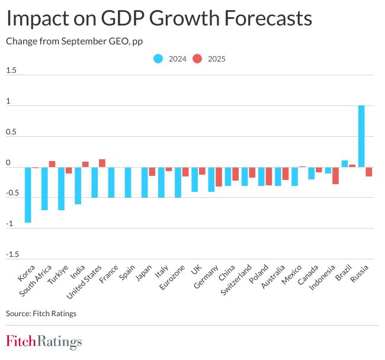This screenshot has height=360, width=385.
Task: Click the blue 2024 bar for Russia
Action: (361, 136)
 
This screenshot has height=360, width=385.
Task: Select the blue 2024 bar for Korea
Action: (27, 195)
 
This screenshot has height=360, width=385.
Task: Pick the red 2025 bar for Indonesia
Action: (335, 175)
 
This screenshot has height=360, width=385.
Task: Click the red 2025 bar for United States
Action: (102, 163)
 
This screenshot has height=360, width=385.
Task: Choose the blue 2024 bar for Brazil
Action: (345, 163)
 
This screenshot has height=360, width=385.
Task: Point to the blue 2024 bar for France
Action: (111, 182)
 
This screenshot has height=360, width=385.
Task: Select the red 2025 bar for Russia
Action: (369, 172)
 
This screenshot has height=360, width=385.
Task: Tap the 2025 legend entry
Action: (210, 59)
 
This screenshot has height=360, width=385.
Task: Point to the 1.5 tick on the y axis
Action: (11, 70)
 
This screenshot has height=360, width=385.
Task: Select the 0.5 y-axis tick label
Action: (11, 132)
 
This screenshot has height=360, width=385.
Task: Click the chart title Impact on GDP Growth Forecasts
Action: (159, 19)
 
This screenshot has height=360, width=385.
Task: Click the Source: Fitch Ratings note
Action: (41, 313)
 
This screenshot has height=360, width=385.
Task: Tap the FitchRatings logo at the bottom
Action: (44, 342)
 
